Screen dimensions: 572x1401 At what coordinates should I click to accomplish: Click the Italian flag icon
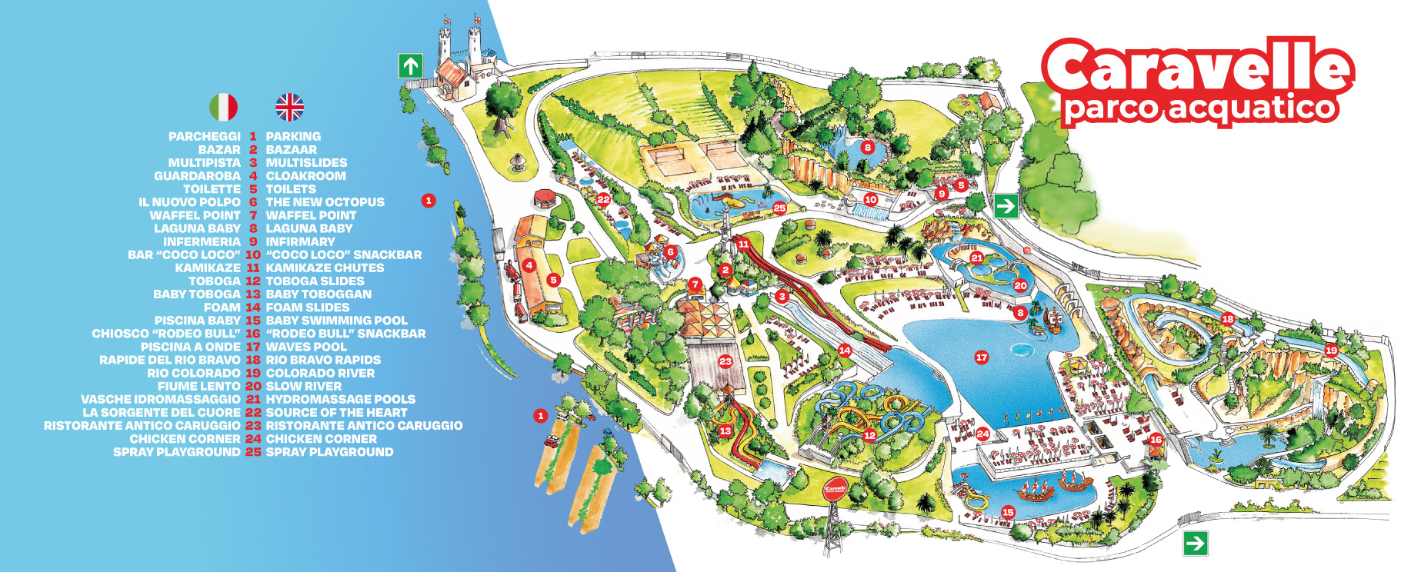(x=223, y=107)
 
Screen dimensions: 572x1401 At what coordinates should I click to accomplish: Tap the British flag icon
(x=290, y=107)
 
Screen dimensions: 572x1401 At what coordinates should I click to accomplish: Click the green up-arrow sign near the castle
(x=411, y=65)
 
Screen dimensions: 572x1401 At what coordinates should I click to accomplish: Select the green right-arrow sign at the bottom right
(x=1195, y=544)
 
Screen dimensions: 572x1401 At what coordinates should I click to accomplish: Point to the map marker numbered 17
(x=982, y=357)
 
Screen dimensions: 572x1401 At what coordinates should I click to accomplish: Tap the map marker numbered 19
(x=1331, y=350)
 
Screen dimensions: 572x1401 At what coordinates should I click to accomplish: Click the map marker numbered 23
(x=726, y=361)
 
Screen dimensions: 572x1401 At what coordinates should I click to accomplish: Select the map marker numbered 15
(x=1008, y=512)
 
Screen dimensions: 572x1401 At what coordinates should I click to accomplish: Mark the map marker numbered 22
(x=603, y=199)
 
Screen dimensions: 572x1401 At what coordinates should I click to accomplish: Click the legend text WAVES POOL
(x=306, y=347)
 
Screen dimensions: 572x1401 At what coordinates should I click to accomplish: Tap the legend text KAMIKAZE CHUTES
(x=325, y=268)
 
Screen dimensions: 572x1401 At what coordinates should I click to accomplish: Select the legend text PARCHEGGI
(x=204, y=136)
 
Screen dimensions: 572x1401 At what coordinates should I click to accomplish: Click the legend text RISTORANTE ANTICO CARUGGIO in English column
(x=364, y=425)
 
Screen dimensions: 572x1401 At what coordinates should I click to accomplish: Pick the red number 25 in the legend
(x=253, y=452)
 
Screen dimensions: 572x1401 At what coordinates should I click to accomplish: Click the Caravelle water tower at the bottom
(x=835, y=492)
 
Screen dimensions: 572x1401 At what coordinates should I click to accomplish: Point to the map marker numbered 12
(x=869, y=435)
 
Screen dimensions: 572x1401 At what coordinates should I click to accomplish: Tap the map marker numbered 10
(x=870, y=199)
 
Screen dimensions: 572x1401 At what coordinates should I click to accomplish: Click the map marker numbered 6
(x=671, y=251)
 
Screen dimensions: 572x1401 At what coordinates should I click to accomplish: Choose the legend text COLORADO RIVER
(x=320, y=373)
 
